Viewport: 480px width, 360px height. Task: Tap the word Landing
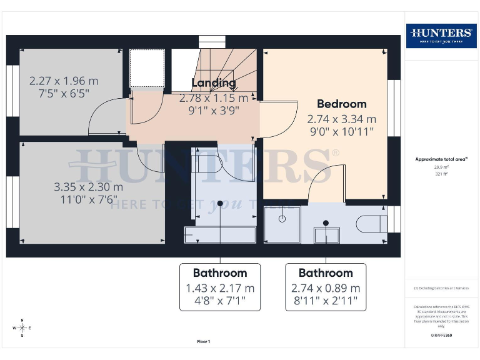214,82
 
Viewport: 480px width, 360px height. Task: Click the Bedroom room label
341,104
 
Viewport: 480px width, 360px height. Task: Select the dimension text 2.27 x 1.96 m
64,81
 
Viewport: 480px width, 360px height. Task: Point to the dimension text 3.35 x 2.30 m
89,187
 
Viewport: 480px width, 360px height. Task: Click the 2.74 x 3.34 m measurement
341,119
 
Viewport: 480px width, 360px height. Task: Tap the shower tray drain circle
282,219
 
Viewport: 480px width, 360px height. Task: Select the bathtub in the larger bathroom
219,235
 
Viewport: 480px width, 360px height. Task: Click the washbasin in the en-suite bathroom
326,234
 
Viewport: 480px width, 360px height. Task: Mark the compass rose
22,327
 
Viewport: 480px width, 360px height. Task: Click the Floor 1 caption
204,342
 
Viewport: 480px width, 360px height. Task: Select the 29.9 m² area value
441,167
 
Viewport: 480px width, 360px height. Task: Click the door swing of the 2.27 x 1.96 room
106,118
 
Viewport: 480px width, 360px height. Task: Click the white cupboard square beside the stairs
147,69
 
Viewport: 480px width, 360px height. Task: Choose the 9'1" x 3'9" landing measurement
214,111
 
